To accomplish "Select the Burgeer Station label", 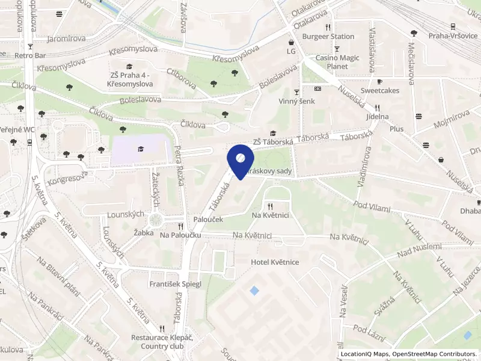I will click(x=328, y=36).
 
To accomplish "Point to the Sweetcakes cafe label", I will click(x=379, y=90).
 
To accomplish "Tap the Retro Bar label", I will click(x=30, y=55).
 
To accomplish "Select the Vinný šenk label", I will click(x=296, y=102).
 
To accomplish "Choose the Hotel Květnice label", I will click(x=275, y=262).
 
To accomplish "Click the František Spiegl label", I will click(x=175, y=283).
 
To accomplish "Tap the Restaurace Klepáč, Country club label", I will click(x=162, y=342).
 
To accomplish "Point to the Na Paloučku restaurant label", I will click(x=180, y=235).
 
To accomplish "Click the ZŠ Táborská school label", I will click(x=273, y=142).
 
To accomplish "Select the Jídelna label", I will click(x=377, y=116).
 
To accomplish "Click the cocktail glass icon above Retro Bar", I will click(x=30, y=46).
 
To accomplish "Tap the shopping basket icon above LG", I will click(x=291, y=42).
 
